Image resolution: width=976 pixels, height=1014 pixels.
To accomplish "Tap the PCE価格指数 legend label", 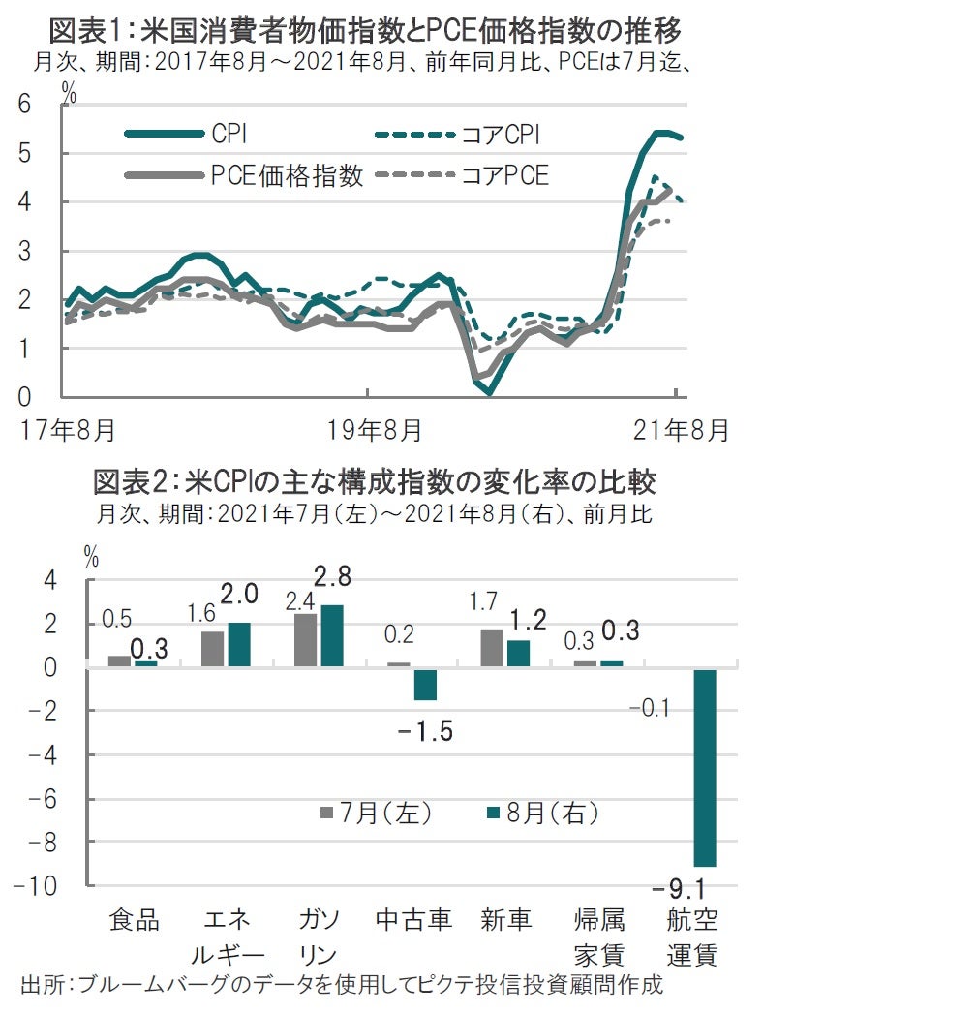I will coord(287,175).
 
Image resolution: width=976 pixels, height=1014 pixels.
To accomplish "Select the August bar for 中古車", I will coord(426,685).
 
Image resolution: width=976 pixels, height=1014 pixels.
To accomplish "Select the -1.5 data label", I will coord(425,730).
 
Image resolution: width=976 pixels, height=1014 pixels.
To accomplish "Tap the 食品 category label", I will coord(133,919).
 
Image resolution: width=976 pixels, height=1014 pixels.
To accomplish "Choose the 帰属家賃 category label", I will coord(600,936).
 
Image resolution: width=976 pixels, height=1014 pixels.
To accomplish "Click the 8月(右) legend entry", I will coord(543,814).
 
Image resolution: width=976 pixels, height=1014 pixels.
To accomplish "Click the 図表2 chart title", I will coord(374,480).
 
